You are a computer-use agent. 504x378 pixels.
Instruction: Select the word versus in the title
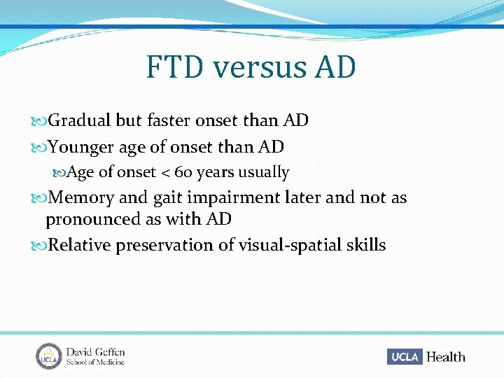260,68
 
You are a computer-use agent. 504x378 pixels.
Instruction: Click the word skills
365,245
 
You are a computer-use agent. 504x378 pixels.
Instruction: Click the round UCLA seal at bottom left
50,356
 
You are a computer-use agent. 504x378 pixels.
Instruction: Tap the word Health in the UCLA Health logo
446,357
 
